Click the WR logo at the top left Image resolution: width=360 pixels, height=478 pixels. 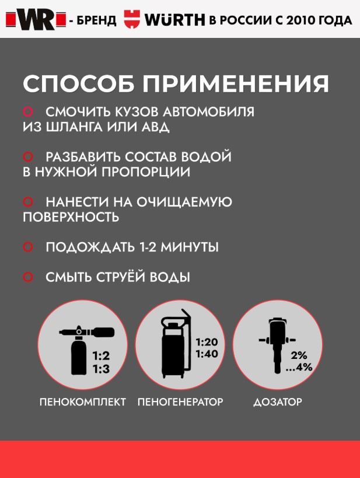click(36, 19)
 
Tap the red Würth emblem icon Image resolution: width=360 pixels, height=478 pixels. click(132, 19)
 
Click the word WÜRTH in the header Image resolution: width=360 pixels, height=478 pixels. click(174, 20)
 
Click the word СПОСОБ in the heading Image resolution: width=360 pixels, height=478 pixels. click(79, 83)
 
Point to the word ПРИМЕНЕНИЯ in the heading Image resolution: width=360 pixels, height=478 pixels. click(236, 83)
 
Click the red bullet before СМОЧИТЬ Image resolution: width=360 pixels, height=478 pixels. click(28, 111)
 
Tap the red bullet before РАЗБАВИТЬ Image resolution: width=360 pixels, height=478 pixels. click(28, 156)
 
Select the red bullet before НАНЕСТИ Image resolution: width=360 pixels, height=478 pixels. click(28, 202)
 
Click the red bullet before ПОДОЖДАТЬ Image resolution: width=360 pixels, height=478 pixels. click(28, 247)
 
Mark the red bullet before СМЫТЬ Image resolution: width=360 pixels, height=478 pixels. click(28, 277)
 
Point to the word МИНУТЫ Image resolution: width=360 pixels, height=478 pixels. click(190, 247)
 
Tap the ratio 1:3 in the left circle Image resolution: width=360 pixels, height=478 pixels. click(101, 369)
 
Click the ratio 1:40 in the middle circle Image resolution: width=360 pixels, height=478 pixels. click(207, 354)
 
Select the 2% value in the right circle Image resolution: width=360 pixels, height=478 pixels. click(299, 355)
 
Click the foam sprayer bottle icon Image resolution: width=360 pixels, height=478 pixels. click(86, 350)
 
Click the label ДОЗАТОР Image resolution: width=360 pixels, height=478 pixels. click(278, 402)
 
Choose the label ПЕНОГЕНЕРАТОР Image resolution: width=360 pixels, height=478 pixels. click(180, 402)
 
